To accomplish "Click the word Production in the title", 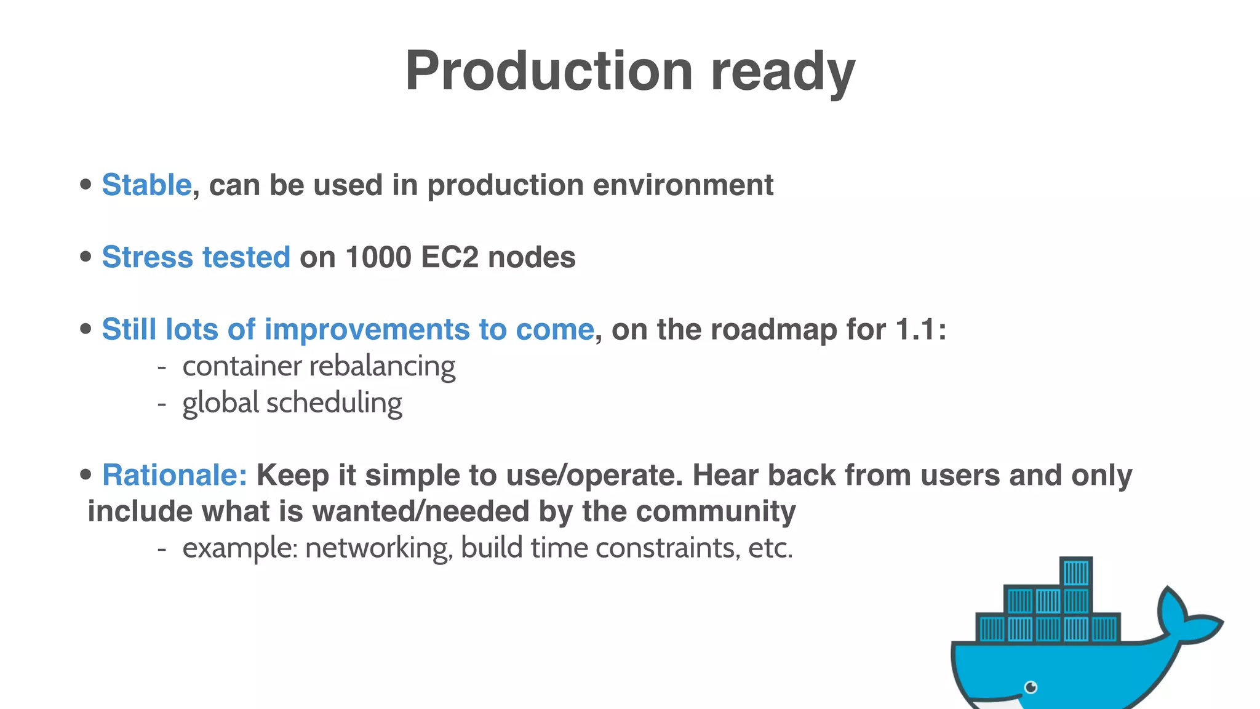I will pos(549,71).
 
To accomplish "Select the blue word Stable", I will pos(146,185).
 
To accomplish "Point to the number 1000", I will pos(378,257).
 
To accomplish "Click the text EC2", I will pos(450,257).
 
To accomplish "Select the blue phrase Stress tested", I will pos(196,257).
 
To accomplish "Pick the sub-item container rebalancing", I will pos(319,366).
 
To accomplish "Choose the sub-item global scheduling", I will pos(292,403).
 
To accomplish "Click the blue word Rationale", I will pos(174,475).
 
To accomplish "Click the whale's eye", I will pos(1031,687).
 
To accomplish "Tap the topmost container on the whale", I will pos(1076,572).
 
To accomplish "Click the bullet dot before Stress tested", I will pos(86,257).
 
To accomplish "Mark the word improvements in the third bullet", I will pos(367,329).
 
